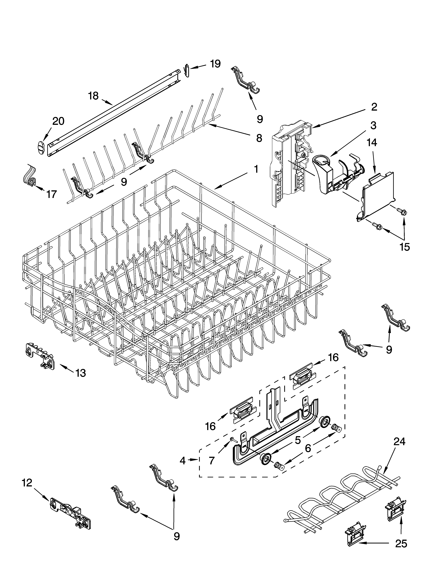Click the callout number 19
coord(215,64)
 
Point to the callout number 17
coord(52,194)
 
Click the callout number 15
coord(405,247)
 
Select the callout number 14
coord(372,143)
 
